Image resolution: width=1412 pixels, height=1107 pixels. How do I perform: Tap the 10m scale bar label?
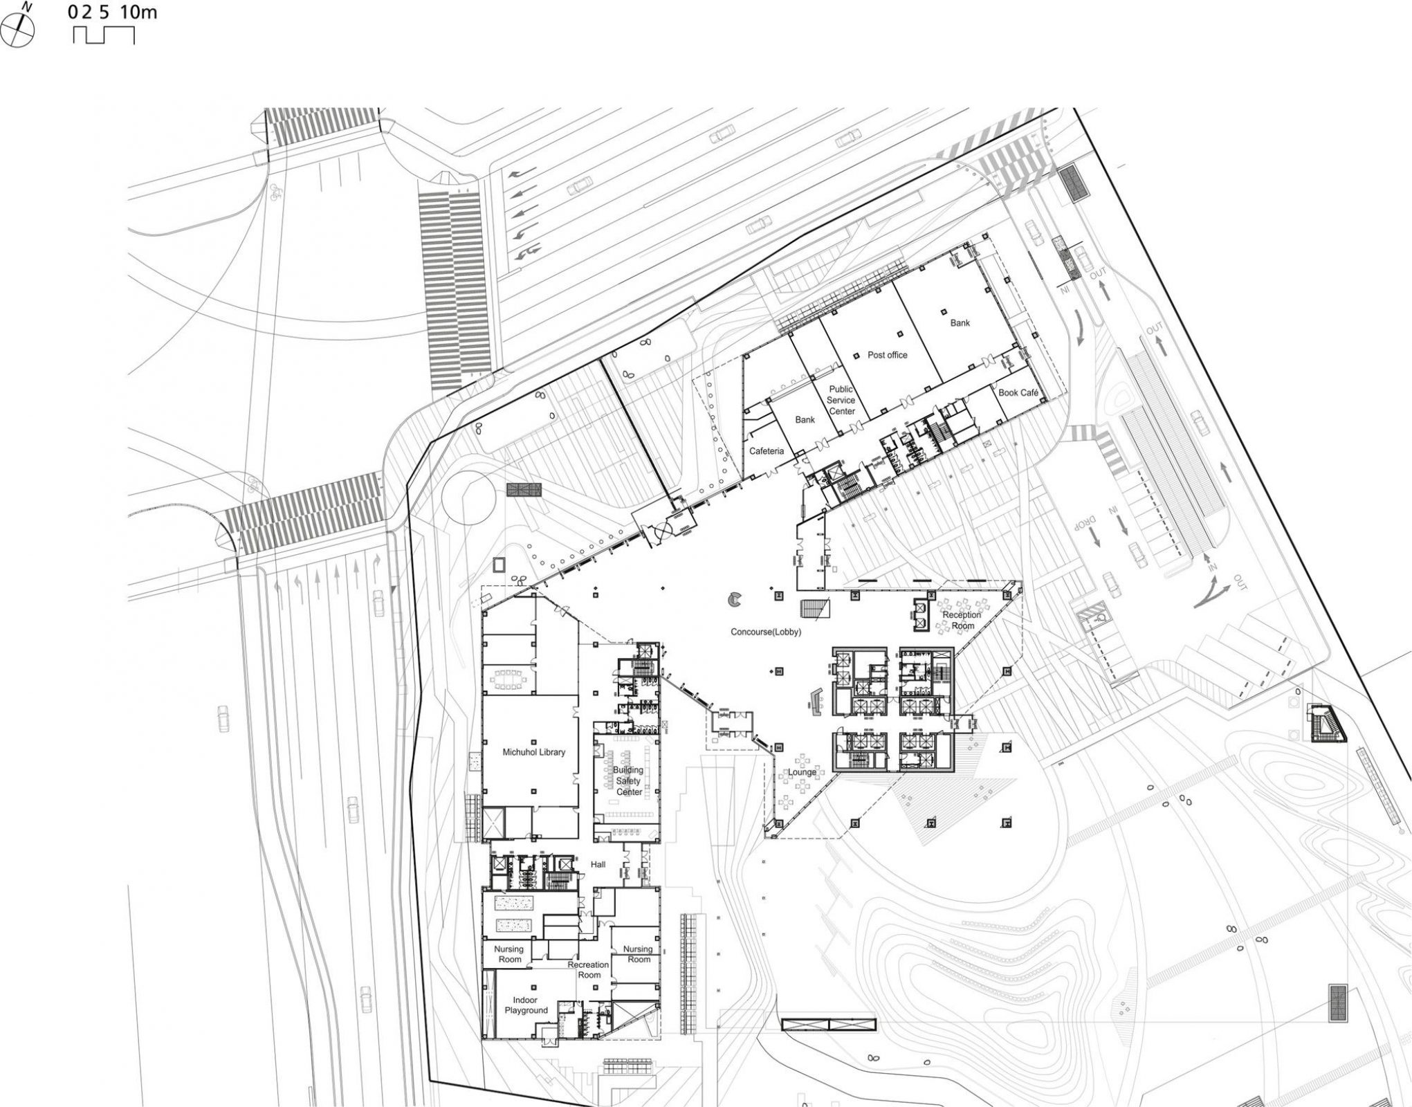[x=138, y=12]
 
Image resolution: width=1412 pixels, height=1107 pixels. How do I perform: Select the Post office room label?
[x=887, y=355]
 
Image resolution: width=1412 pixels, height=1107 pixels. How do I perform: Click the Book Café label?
[x=1018, y=392]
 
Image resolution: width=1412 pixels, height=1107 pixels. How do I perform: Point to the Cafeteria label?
[x=767, y=451]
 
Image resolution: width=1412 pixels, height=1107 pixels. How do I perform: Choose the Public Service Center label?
[x=841, y=400]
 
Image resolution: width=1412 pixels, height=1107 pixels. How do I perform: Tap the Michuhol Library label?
[x=533, y=752]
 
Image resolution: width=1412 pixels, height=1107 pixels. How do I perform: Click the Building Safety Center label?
[x=628, y=780]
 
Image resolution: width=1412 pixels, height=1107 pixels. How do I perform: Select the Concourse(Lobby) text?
[x=766, y=632]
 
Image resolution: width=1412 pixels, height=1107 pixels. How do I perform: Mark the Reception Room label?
[x=962, y=620]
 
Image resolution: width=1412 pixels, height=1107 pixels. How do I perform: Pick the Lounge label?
[x=802, y=772]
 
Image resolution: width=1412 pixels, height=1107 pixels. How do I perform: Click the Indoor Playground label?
[x=526, y=1005]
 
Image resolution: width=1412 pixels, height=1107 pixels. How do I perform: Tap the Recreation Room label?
[x=589, y=969]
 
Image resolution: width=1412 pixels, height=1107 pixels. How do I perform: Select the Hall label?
[x=598, y=864]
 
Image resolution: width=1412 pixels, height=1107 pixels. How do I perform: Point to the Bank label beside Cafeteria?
[x=805, y=419]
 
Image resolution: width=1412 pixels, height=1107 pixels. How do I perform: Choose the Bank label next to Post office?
[x=960, y=322]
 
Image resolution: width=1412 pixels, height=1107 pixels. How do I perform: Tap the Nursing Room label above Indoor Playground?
[x=509, y=954]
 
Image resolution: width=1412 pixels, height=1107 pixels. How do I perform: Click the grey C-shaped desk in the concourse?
[x=734, y=599]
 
